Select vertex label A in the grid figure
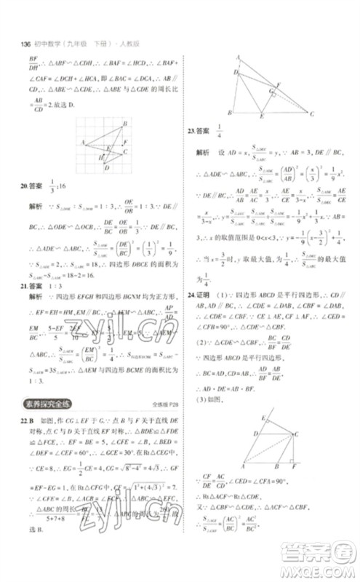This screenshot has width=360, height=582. [x=83, y=142]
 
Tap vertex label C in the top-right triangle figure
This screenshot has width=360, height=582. [x=313, y=115]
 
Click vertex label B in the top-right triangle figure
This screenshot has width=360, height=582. [x=230, y=113]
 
